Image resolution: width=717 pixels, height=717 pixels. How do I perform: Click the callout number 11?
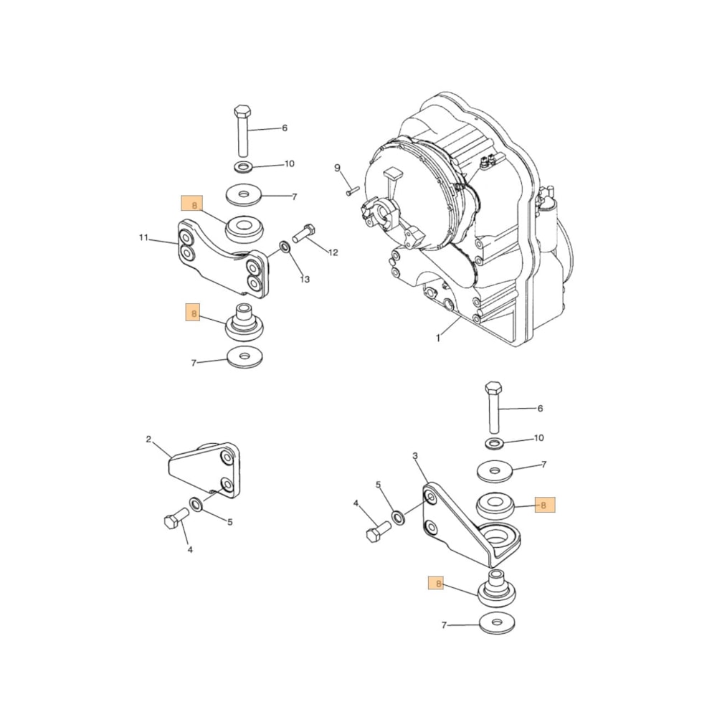143,237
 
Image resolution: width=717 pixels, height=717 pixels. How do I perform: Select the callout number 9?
337,168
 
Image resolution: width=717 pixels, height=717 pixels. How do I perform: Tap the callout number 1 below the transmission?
438,338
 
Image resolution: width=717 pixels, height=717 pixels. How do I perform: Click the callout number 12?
333,252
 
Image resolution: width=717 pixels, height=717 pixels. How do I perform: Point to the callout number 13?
305,279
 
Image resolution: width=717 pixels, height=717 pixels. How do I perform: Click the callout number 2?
148,440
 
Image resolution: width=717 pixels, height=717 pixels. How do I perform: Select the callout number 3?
414,456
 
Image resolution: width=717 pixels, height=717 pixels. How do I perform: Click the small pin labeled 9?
351,191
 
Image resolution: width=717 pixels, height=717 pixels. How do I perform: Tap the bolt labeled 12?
303,234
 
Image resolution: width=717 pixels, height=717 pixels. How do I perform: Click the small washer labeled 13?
284,247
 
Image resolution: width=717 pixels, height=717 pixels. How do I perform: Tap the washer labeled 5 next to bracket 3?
398,516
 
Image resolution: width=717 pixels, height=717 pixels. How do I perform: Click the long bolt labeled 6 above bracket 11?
242,130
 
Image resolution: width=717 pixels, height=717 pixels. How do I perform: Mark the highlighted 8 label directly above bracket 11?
193,206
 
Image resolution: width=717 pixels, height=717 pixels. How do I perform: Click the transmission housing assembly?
466,222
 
